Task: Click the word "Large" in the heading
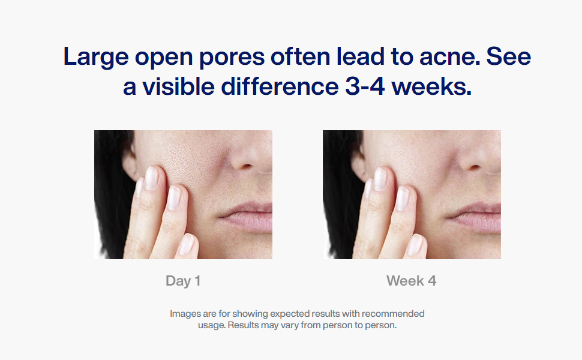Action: click(x=96, y=57)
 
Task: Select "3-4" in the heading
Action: click(x=364, y=87)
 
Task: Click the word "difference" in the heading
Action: click(x=280, y=86)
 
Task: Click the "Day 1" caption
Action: click(x=183, y=281)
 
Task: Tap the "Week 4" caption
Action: click(x=411, y=281)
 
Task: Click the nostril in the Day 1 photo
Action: click(x=245, y=167)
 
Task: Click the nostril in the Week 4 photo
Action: click(x=473, y=167)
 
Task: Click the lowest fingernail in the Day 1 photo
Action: click(x=187, y=244)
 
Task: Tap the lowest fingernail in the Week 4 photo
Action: click(x=415, y=244)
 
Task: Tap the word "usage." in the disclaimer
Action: click(x=212, y=325)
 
